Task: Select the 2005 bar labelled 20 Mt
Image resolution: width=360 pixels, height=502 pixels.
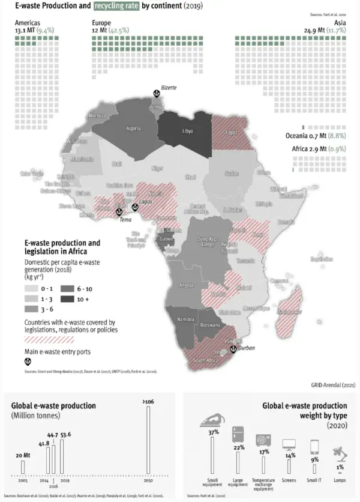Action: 23,466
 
